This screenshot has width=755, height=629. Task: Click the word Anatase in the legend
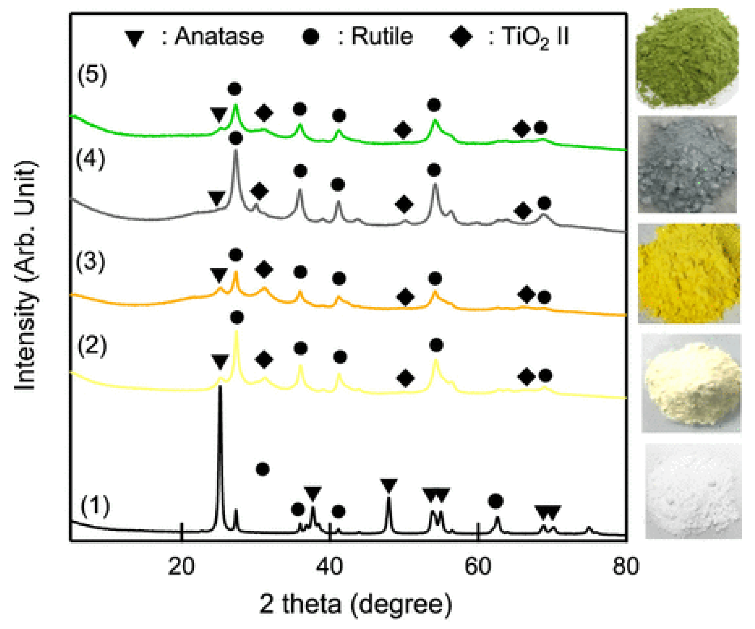coord(219,36)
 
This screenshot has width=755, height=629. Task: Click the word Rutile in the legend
coord(382,36)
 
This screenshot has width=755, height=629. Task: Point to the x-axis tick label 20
coord(182,566)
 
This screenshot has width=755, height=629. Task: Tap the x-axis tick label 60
coord(478,566)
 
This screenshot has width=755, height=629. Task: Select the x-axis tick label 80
coord(626,566)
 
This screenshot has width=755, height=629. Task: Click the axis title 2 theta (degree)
coord(355,604)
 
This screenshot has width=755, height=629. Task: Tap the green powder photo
coord(687,58)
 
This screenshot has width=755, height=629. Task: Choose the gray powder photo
coord(687,164)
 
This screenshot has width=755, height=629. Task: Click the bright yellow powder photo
coord(689,273)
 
